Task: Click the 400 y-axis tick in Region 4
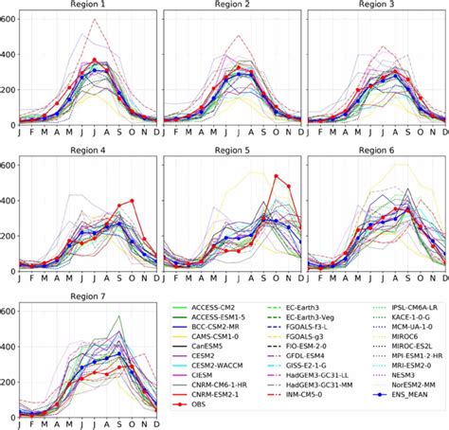(x=9, y=200)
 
